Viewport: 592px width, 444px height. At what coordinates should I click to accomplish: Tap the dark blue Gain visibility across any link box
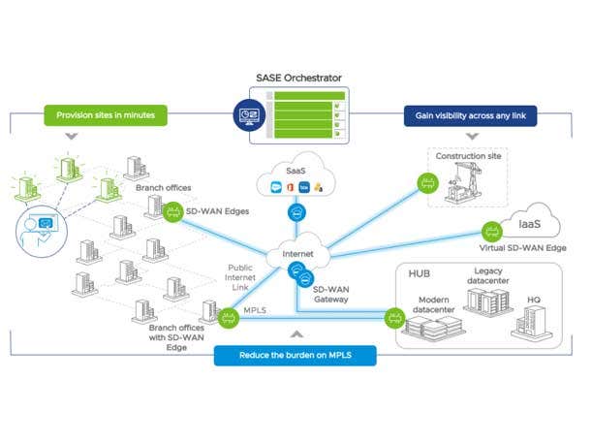[x=470, y=115]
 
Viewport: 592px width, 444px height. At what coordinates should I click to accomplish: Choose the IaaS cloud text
[x=528, y=223]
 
